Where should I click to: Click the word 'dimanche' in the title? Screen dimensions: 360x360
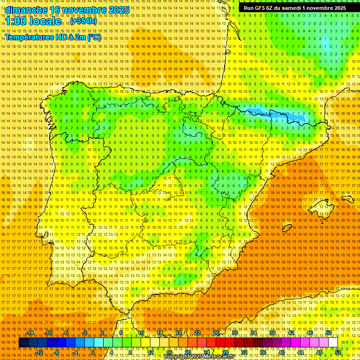(x=25, y=10)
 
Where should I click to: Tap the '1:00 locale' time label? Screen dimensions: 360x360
(x=33, y=22)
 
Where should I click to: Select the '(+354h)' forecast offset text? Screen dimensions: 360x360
(x=83, y=21)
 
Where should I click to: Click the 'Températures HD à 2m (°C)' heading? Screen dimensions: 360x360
(x=52, y=37)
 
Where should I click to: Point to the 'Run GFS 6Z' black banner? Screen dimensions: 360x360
(x=294, y=8)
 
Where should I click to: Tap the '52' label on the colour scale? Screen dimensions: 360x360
(x=338, y=352)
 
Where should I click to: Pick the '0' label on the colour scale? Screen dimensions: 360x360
(x=93, y=352)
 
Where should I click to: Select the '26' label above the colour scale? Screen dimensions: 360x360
(x=216, y=333)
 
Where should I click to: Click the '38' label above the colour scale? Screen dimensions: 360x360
(x=272, y=333)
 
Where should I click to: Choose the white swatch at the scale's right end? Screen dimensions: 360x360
(x=333, y=343)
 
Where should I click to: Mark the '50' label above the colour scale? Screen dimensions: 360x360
(x=329, y=333)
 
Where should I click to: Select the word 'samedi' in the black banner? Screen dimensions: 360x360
(x=290, y=8)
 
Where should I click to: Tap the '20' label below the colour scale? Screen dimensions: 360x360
(x=188, y=352)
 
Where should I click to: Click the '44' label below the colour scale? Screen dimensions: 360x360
(x=300, y=352)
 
